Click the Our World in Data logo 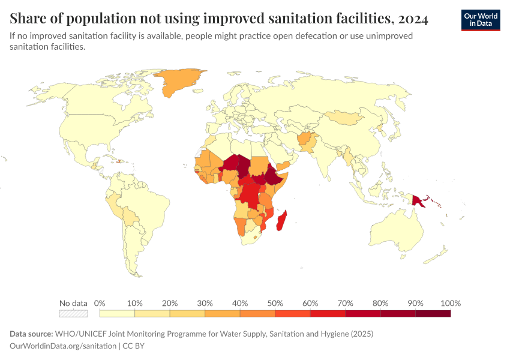point(481,19)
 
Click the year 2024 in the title point(412,19)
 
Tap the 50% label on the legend point(275,303)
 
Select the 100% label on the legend point(450,303)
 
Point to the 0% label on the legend point(100,303)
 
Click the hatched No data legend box point(73,313)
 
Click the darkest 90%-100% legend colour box point(433,313)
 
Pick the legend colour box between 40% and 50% point(257,313)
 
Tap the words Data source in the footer point(31,334)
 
